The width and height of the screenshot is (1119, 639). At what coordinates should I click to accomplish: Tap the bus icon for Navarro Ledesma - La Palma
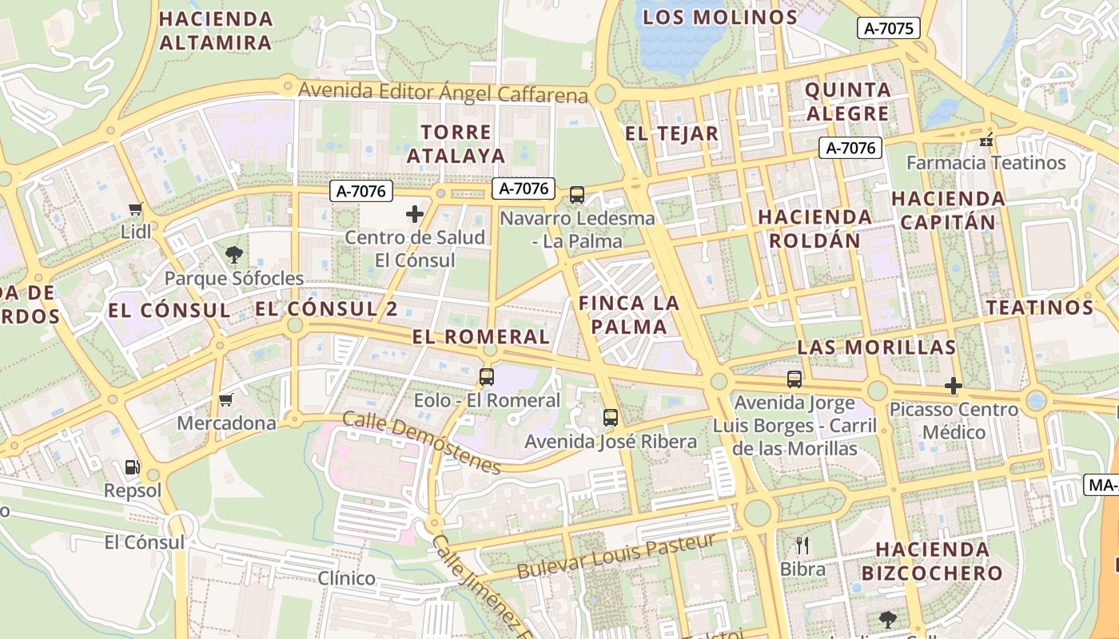[576, 194]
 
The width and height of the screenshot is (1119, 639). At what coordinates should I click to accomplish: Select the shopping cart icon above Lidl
[135, 209]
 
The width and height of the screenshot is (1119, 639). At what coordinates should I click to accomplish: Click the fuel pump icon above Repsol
[132, 467]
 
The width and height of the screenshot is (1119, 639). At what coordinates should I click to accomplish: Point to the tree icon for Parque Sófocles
[234, 255]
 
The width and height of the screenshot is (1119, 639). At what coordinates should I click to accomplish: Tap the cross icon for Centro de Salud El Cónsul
[415, 214]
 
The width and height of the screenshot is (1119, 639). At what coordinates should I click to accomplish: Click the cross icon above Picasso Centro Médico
[953, 386]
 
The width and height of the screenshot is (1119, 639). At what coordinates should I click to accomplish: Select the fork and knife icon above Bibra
[802, 546]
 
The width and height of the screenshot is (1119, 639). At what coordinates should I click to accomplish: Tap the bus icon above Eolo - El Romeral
[487, 377]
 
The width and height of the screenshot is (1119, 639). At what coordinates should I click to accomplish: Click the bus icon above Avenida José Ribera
[611, 417]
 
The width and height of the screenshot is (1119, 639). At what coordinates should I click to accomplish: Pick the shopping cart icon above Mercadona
[226, 399]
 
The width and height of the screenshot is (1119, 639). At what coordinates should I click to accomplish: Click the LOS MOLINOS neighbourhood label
[720, 17]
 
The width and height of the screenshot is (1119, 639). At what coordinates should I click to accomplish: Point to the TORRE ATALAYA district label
[456, 144]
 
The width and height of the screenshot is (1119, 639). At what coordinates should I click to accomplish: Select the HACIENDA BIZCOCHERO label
[932, 561]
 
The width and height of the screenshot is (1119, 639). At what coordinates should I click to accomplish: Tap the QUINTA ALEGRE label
[847, 101]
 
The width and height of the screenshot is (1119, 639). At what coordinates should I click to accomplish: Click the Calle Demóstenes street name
[421, 443]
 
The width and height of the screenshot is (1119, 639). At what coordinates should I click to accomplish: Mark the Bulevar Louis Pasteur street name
[615, 557]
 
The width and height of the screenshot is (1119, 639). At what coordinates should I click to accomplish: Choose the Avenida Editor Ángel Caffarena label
[443, 92]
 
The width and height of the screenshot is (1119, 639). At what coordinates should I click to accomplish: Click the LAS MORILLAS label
[876, 347]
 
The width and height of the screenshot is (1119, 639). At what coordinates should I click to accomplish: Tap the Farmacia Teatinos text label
[986, 163]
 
